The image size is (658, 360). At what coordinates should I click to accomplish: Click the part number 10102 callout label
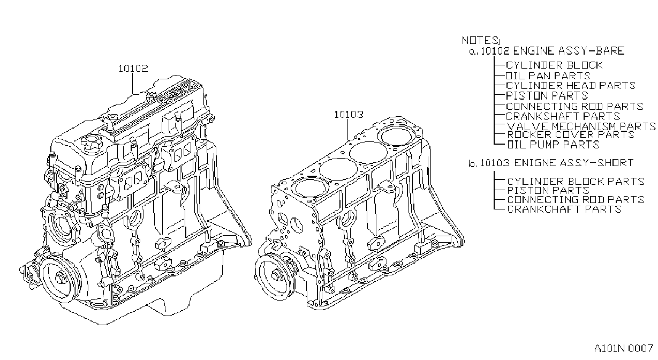tap(133, 69)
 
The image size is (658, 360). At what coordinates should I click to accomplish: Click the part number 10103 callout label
tap(349, 114)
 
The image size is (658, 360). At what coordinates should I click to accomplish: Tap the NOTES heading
tap(480, 40)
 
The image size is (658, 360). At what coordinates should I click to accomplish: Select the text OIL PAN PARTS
tap(548, 76)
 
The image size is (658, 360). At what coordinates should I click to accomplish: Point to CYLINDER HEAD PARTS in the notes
tap(570, 86)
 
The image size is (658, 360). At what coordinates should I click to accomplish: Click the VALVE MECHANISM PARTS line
tap(581, 126)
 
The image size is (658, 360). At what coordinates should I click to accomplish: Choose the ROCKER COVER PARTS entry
tap(570, 134)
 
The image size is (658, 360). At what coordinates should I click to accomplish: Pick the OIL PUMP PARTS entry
tap(553, 145)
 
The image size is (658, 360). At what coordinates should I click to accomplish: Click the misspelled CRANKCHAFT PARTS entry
tap(564, 209)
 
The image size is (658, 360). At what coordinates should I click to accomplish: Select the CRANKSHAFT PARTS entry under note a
tap(563, 116)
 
